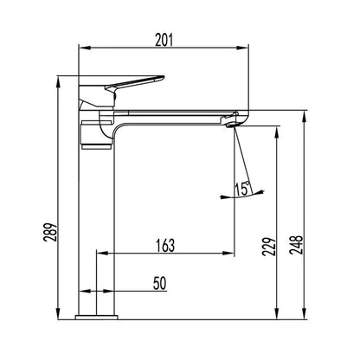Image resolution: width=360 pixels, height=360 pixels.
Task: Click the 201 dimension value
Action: (x=164, y=40)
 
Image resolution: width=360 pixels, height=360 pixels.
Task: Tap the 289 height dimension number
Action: (x=49, y=232)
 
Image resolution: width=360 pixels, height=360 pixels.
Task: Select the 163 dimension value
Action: (x=165, y=246)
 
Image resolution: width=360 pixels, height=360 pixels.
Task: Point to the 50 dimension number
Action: (x=160, y=283)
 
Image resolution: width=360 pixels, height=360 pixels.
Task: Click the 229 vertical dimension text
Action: (x=268, y=247)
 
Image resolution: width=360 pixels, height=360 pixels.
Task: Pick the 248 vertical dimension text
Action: (x=296, y=245)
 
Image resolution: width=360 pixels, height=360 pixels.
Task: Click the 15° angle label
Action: (x=242, y=189)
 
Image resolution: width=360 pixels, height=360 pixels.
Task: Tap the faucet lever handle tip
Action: (x=163, y=77)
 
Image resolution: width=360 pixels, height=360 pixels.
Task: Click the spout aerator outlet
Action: (x=232, y=125)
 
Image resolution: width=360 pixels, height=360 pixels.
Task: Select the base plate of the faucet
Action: (x=97, y=318)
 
